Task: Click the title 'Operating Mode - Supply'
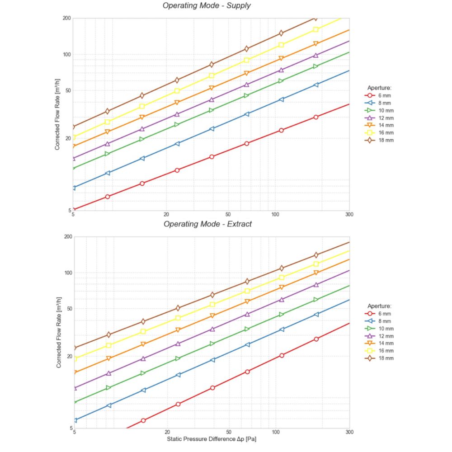[207, 6]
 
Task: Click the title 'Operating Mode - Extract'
[207, 224]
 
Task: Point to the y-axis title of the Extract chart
[59, 332]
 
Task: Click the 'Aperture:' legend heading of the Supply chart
[379, 88]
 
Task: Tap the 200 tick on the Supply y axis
[66, 18]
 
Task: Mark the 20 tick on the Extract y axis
[69, 356]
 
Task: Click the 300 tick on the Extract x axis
[349, 433]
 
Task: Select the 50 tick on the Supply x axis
[228, 214]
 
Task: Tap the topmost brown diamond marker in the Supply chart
[315, 18]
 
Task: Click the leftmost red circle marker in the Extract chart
[143, 420]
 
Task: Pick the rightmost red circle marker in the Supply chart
[316, 117]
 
